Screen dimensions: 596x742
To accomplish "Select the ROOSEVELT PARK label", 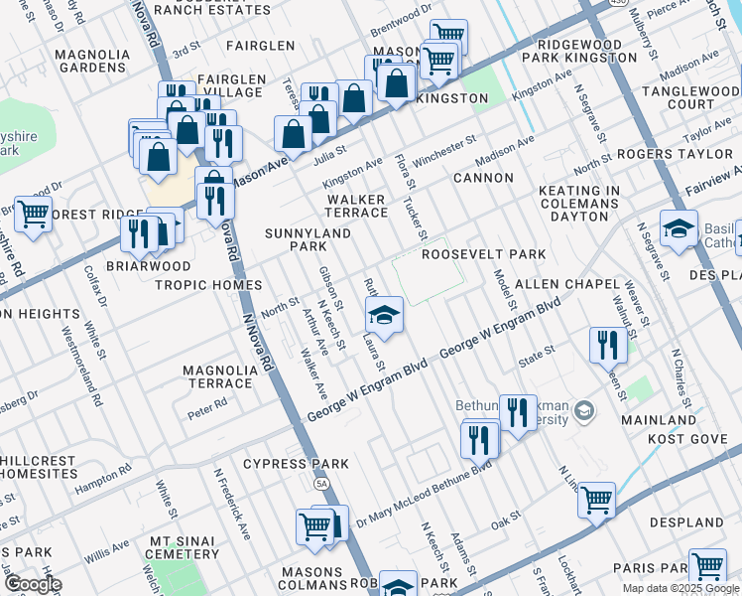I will (x=484, y=254).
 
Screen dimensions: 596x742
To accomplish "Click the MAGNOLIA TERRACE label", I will (x=218, y=376).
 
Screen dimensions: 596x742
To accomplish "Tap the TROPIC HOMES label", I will (x=208, y=285).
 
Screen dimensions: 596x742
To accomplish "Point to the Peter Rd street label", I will (x=207, y=404).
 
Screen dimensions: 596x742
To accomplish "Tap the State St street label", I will (x=536, y=352).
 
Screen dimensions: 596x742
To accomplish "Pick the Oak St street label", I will (x=506, y=519).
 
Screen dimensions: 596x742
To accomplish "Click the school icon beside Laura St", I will (x=384, y=316).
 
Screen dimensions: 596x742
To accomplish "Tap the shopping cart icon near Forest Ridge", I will (x=33, y=214).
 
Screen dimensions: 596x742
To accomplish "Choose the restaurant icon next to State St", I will (x=604, y=345).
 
